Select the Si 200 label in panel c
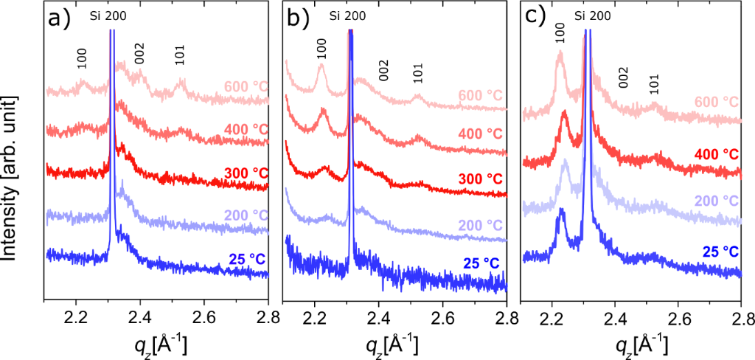tap(592, 15)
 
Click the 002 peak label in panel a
tap(139, 55)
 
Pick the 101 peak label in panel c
tap(653, 85)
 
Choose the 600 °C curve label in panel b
tap(481, 96)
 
